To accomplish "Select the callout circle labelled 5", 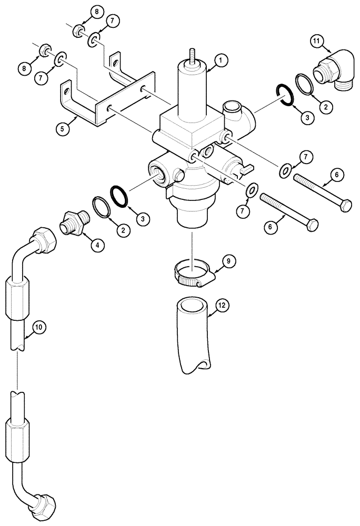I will pos(64,128).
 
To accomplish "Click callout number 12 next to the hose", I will pos(222,305).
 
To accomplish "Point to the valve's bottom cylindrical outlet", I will pos(192,216).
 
